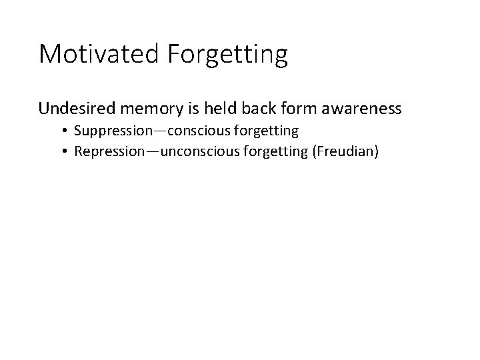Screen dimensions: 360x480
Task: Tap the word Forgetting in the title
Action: (x=229, y=54)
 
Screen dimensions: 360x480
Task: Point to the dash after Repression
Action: (x=155, y=152)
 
